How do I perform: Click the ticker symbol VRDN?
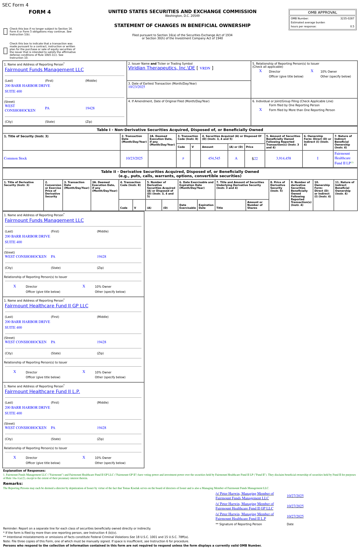point(205,68)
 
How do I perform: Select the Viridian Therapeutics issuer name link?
point(161,68)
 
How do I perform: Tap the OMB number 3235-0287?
point(347,19)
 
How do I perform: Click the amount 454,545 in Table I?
point(214,158)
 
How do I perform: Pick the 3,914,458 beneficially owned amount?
point(283,158)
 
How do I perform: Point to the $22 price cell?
point(255,159)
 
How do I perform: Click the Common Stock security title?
point(15,158)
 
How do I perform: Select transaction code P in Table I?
point(183,159)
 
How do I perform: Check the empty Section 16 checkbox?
point(5,32)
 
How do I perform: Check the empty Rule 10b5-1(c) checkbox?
point(5,51)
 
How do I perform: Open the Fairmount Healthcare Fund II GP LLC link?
point(46,306)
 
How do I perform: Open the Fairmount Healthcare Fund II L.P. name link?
point(42,392)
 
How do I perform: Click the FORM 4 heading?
point(40,12)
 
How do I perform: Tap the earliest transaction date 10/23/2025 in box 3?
point(136,87)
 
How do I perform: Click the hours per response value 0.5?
point(352,26)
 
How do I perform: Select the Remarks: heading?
point(13,484)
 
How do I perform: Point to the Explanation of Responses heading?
point(24,471)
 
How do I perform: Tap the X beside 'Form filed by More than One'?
point(260,110)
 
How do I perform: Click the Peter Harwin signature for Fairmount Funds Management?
point(244,496)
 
